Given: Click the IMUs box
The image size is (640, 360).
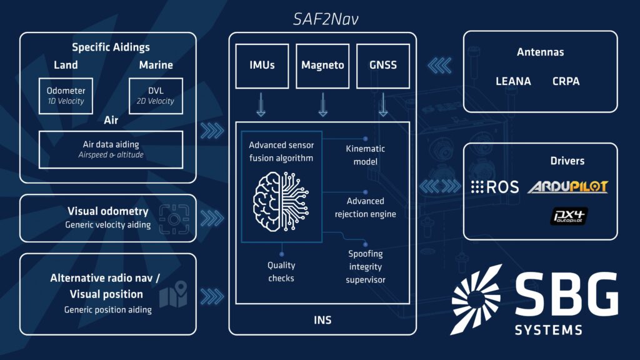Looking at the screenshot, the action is point(262,66).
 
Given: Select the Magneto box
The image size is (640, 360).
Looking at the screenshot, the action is point(322,66).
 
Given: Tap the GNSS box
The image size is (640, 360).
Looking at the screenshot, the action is point(383,66).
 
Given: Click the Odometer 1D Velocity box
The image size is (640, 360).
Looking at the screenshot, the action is point(66,96).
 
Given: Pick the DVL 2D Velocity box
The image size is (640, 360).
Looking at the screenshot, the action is point(156,96).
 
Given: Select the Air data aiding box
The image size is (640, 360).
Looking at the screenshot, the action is point(111,149).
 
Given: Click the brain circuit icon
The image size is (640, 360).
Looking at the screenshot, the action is point(281,202).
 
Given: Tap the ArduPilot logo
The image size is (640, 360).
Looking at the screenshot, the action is point(567,187).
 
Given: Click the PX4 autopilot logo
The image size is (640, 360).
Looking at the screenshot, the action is point(569,216).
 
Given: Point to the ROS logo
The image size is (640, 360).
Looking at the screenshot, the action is point(495,187).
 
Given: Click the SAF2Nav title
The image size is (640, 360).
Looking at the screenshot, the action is point(326,19).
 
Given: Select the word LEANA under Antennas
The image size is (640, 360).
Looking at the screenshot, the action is point(513,81).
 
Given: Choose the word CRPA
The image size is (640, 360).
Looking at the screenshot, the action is point(566,81).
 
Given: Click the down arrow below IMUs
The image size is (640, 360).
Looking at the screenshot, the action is point(261,104).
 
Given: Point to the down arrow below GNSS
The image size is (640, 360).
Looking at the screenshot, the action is point(383,104).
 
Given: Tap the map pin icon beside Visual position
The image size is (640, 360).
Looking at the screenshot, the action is point(174,294).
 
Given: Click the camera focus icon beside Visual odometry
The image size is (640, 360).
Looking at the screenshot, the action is point(174,219).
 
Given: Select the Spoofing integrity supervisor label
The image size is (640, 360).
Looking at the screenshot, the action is point(365,266).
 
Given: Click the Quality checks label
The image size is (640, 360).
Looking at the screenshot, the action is point(281,271).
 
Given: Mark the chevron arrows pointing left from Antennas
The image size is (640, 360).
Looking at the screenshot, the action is point(439,65).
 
